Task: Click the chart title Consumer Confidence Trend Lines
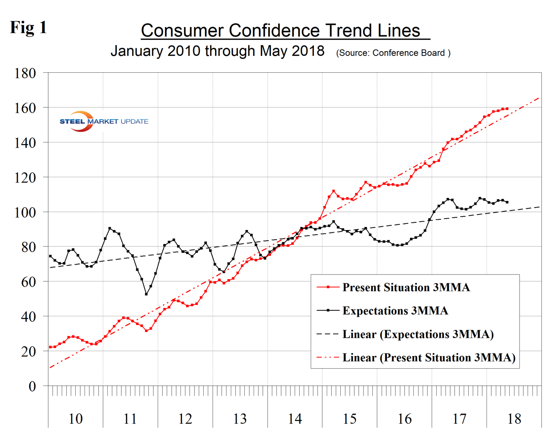[281, 30]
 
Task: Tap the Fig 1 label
[28, 28]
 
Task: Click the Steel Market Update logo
[104, 121]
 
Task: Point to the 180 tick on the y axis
[25, 73]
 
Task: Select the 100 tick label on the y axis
[25, 212]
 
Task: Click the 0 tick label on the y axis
[32, 386]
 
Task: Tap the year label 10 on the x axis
[76, 419]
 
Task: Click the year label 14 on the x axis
[295, 419]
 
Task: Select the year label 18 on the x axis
[514, 419]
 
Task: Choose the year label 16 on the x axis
[405, 419]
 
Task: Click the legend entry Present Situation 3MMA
[406, 288]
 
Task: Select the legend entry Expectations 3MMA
[395, 311]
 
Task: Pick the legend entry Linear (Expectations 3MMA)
[418, 334]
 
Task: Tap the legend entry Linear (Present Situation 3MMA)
[429, 358]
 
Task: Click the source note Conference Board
[393, 53]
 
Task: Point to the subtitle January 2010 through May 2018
[217, 51]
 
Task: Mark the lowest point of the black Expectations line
[146, 294]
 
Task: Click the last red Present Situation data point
[507, 109]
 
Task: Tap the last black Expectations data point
[507, 202]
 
